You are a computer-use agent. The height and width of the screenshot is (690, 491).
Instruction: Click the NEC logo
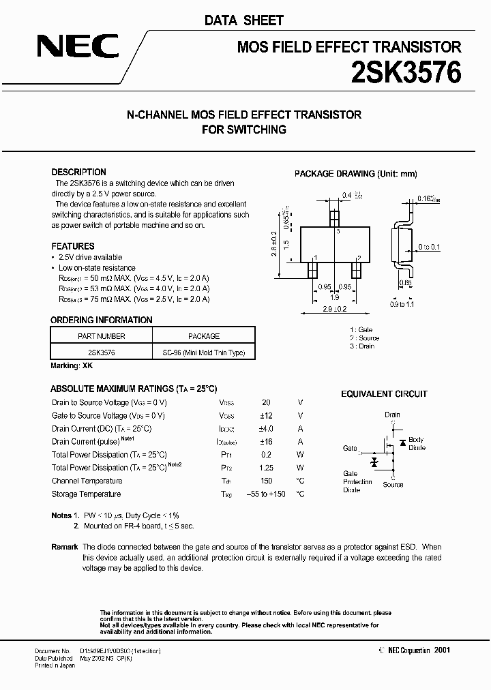click(77, 47)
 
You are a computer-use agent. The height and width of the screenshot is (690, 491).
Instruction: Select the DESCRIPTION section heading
click(79, 172)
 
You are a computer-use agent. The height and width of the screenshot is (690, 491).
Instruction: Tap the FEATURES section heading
click(73, 246)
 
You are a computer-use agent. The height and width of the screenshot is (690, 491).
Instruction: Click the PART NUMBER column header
click(102, 336)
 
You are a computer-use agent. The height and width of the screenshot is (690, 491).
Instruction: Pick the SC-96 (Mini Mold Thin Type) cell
click(204, 353)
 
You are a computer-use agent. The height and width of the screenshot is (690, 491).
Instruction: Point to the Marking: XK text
click(72, 366)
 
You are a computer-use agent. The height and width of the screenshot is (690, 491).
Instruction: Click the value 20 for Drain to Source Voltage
click(266, 402)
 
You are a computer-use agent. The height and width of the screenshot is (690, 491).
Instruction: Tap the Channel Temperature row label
click(87, 481)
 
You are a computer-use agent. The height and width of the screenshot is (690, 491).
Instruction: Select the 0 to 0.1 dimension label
click(430, 247)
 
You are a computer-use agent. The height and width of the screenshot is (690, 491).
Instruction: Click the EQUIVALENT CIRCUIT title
click(384, 394)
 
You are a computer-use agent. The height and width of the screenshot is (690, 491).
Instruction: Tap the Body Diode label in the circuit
click(417, 444)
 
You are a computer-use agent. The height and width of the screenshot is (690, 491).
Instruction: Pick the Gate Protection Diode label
click(357, 482)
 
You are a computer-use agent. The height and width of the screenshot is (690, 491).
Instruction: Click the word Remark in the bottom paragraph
click(65, 547)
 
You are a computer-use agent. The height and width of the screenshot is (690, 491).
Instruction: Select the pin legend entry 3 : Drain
click(362, 346)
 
